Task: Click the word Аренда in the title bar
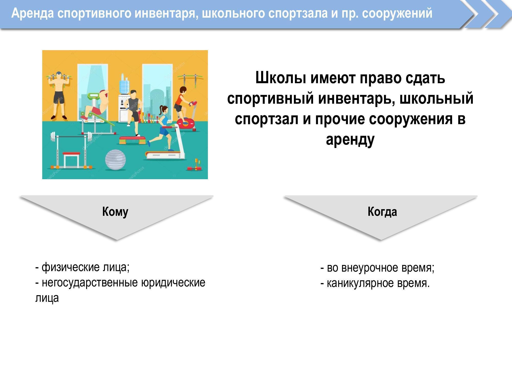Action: (x=33, y=13)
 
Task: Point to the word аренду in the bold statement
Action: (x=350, y=140)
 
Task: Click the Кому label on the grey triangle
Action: (x=115, y=212)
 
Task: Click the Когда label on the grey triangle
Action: (x=382, y=212)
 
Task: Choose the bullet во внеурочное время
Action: (x=377, y=268)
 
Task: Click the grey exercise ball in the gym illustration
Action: (x=115, y=160)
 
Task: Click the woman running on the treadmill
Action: (x=161, y=125)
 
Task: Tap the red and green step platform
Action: (x=132, y=140)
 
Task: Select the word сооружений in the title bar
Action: (x=397, y=13)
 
